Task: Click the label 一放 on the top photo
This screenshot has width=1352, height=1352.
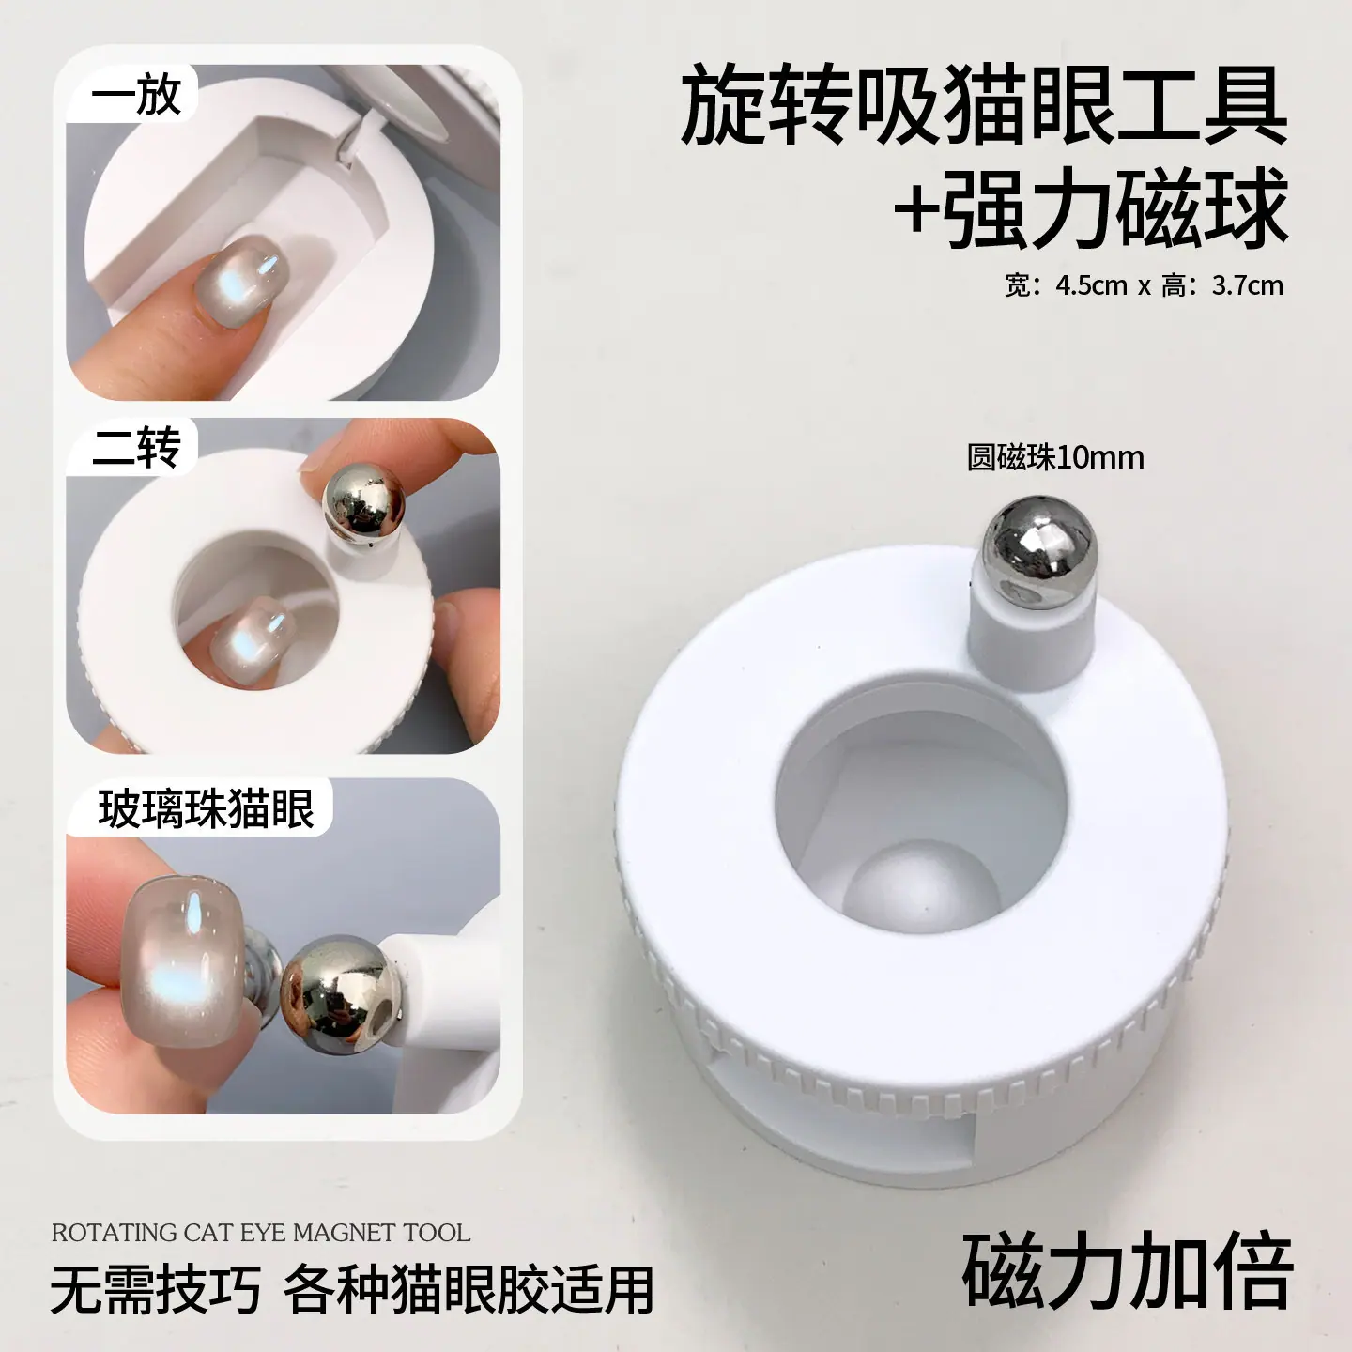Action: tap(137, 96)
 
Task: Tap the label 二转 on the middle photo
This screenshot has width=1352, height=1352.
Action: tap(137, 447)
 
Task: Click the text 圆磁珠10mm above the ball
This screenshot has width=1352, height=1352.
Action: tap(1055, 457)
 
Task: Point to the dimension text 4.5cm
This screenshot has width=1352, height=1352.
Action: tap(1091, 285)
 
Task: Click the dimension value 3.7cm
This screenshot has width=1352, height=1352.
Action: tap(1248, 285)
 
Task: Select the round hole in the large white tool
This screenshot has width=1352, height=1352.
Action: tap(920, 821)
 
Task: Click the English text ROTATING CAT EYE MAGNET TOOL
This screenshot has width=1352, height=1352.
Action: tap(260, 1233)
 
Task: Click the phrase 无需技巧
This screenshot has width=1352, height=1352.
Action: tap(156, 1289)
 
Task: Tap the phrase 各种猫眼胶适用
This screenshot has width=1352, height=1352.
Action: tap(468, 1289)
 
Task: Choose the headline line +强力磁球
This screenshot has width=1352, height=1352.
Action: tap(1091, 207)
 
